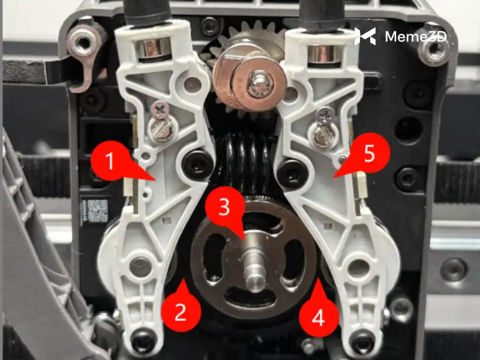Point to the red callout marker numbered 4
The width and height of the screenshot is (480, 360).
tap(319, 317)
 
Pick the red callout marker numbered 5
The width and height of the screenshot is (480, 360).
tap(369, 154)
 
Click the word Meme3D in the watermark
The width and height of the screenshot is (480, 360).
tap(416, 37)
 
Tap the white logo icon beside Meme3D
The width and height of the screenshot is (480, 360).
tap(365, 36)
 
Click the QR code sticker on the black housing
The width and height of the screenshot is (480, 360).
tap(97, 211)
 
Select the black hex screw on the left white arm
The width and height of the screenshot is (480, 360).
tap(197, 164)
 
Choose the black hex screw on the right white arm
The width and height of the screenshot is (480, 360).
tap(293, 173)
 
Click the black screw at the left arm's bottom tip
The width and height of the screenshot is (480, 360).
tap(142, 340)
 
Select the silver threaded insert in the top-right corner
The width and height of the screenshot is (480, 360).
tap(433, 49)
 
